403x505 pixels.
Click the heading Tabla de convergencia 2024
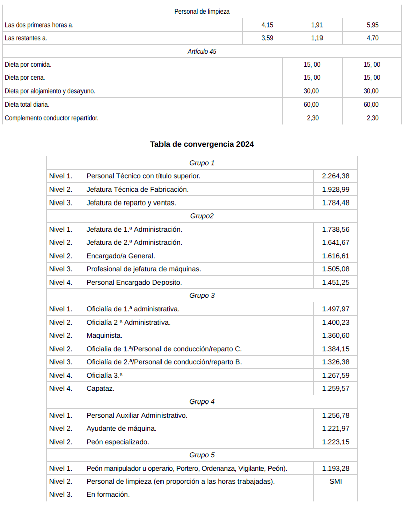[202, 144]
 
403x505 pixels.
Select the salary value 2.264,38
[336, 176]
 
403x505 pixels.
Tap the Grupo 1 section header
[202, 163]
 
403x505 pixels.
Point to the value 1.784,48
[336, 203]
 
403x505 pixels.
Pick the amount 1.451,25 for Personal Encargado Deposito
[336, 282]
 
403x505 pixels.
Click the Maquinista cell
[104, 336]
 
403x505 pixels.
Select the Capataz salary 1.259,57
[336, 388]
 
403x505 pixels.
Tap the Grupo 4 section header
[202, 402]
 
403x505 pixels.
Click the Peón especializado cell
[118, 442]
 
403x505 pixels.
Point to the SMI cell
[336, 481]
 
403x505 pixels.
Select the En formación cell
[108, 494]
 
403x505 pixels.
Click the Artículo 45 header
[202, 51]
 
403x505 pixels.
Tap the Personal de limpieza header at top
[202, 11]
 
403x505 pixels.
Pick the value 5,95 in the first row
[372, 25]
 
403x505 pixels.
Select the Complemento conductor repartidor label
[51, 118]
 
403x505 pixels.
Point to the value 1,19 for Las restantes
[317, 38]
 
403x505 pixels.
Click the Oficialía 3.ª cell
[104, 375]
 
